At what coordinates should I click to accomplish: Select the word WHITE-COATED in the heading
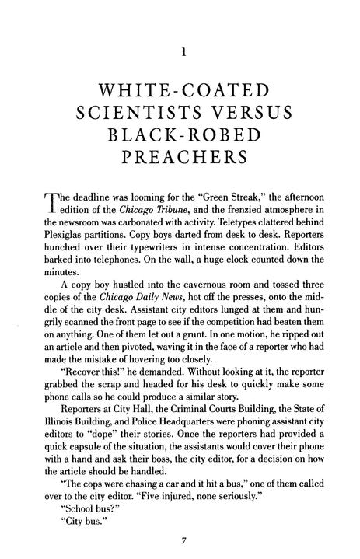tap(180, 85)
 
